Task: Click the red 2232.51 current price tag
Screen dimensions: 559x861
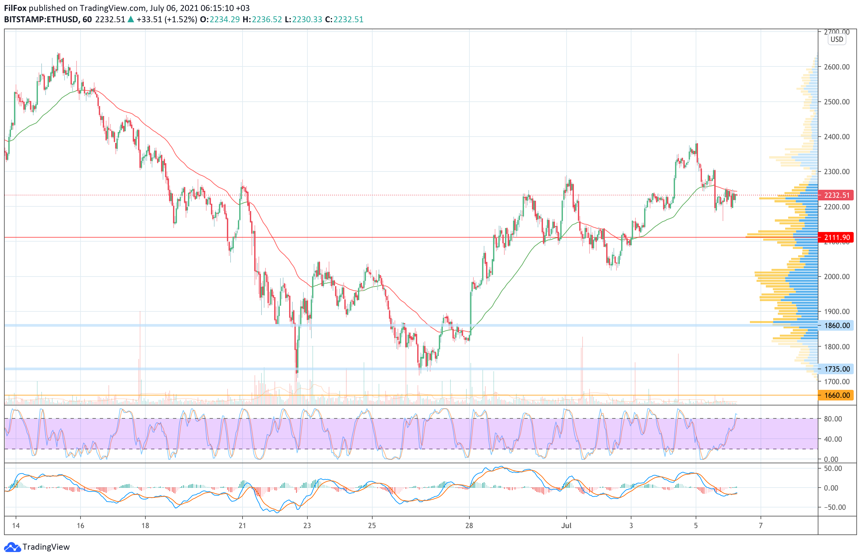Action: click(836, 195)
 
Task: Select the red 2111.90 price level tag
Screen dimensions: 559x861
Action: click(836, 237)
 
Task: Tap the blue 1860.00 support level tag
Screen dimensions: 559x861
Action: click(836, 325)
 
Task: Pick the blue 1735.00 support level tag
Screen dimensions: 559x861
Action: click(836, 369)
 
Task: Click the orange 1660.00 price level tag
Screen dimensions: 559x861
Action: click(836, 395)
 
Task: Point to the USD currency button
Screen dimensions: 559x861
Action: click(837, 40)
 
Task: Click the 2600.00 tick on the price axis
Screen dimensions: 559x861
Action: click(836, 67)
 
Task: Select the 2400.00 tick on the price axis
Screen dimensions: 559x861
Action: click(836, 137)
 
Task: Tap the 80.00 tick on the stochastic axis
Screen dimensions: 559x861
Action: click(833, 419)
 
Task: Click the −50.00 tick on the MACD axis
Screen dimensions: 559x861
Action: click(833, 507)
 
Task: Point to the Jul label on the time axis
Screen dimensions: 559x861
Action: click(566, 526)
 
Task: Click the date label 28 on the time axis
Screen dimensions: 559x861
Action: click(469, 526)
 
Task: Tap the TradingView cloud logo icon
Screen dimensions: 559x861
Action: click(12, 547)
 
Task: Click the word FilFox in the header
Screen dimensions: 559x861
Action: click(15, 8)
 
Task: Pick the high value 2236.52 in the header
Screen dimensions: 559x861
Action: click(266, 20)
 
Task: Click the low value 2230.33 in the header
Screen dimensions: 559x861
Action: click(307, 20)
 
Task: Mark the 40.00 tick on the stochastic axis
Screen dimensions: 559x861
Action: click(833, 439)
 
